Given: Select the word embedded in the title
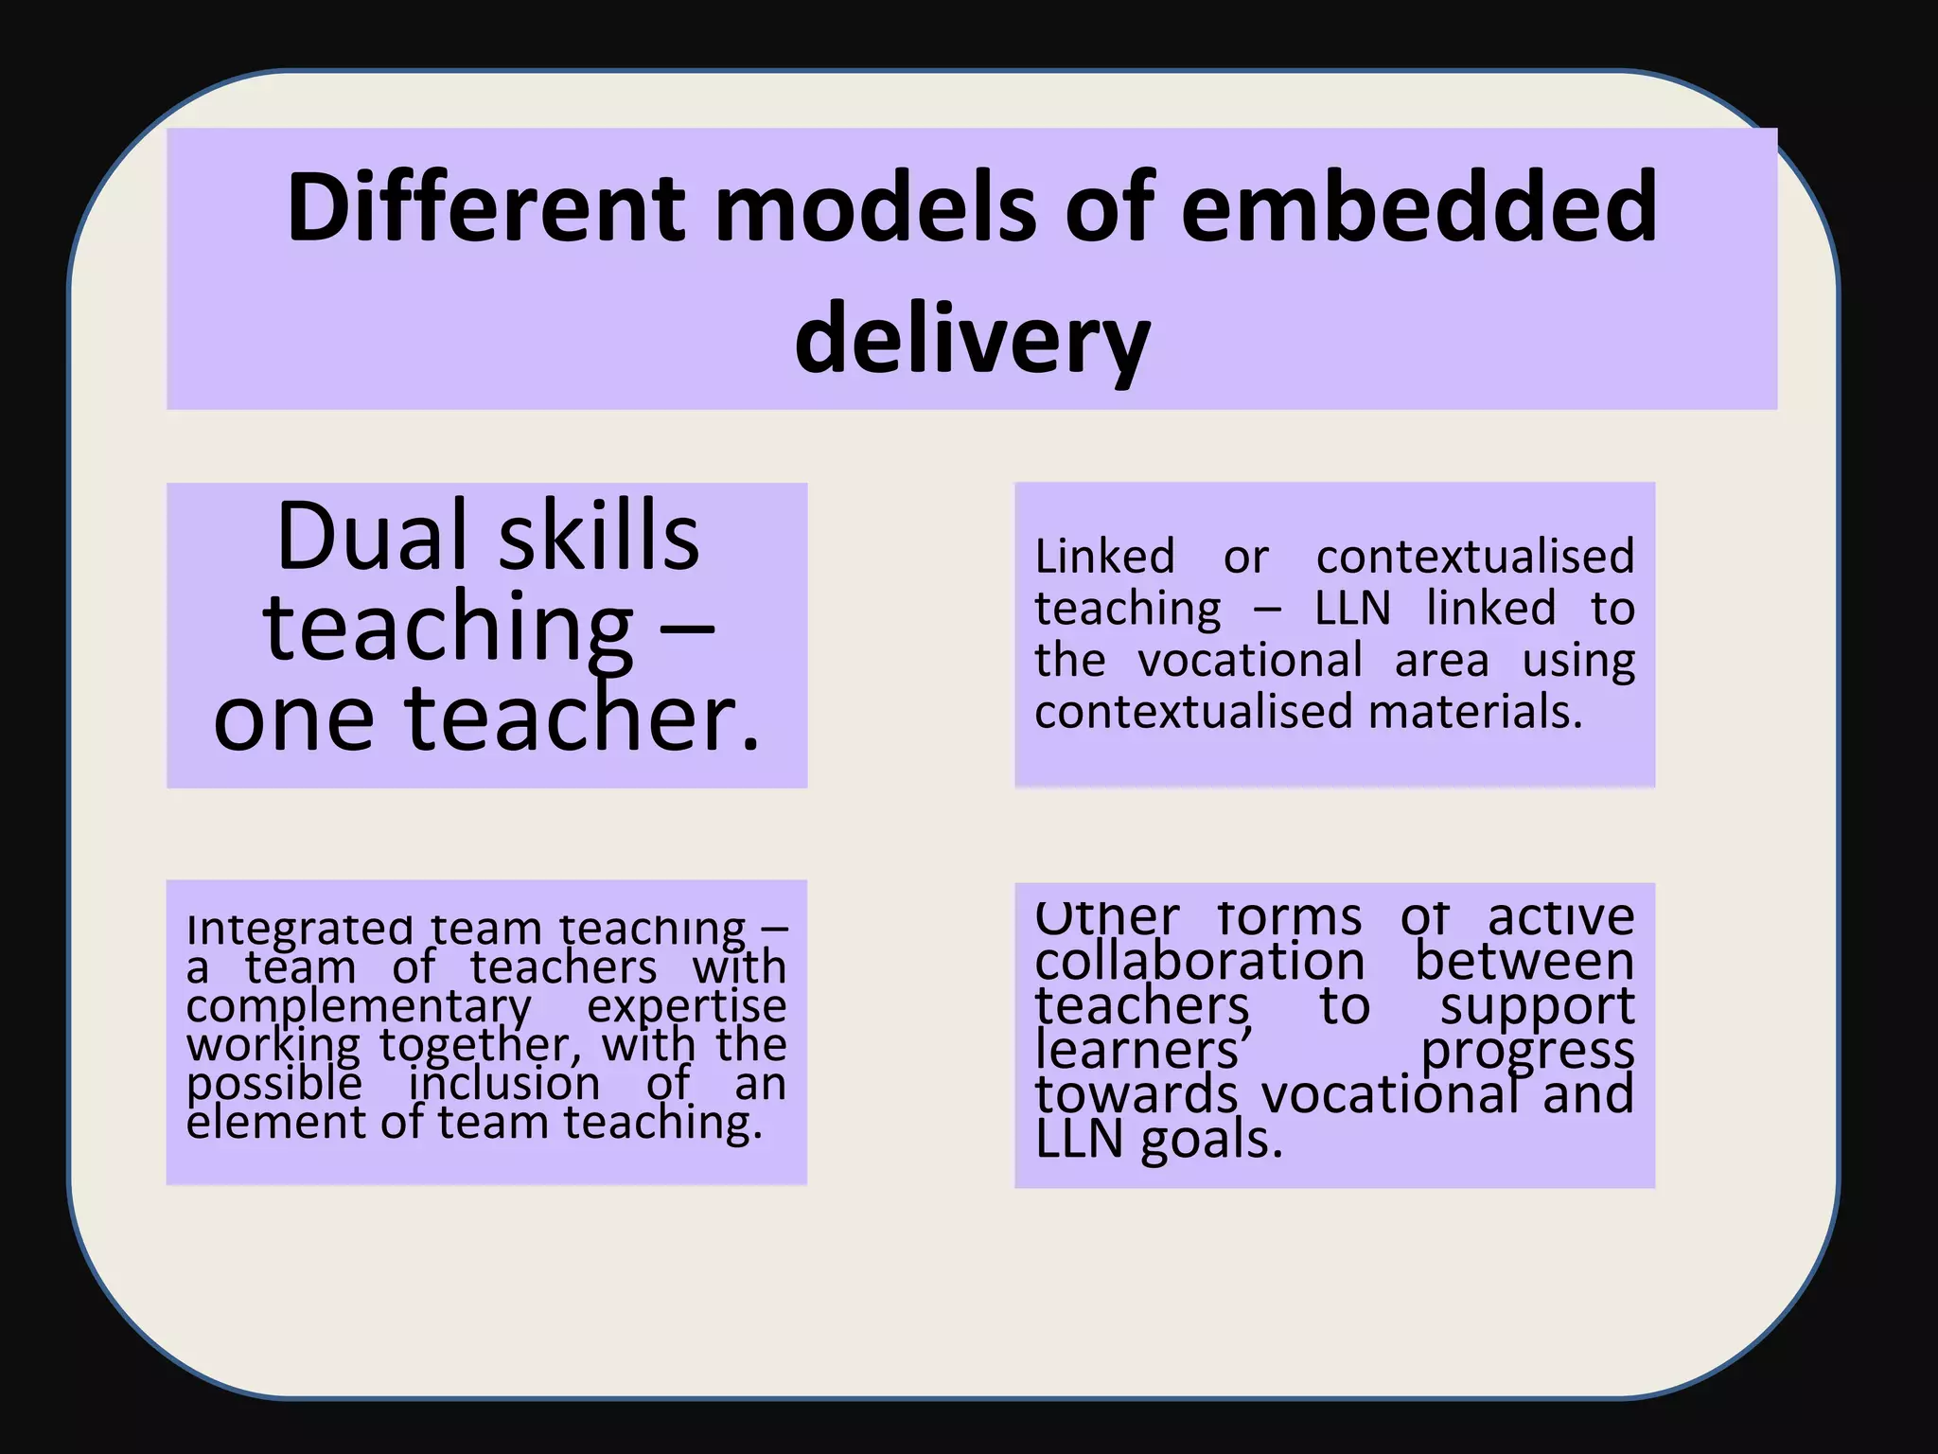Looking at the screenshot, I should coord(1419,206).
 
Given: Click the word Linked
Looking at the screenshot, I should coord(1104,557).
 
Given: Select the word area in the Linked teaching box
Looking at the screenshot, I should coord(1441,660).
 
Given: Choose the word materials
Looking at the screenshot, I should coord(1475,711).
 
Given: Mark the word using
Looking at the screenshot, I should coord(1578,662).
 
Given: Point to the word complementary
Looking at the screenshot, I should coord(360,1007).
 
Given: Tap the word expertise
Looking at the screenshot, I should coord(686,1007).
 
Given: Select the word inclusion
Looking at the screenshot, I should coord(504,1084).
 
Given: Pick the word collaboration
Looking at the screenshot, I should coord(1200,962).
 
